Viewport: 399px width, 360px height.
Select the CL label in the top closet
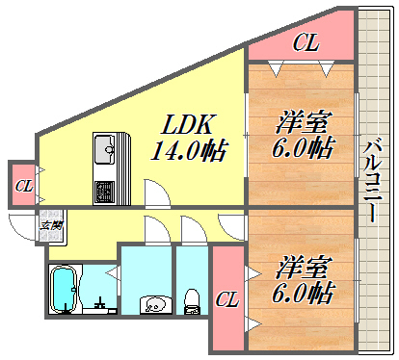pos(306,42)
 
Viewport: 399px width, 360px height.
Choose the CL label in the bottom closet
pos(227,300)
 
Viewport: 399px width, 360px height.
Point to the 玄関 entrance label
pos(51,225)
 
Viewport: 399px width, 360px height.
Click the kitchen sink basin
pos(104,149)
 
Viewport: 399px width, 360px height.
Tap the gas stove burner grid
pos(104,191)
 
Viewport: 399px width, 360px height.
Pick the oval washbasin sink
pos(152,305)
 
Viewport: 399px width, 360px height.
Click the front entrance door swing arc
pos(23,229)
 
